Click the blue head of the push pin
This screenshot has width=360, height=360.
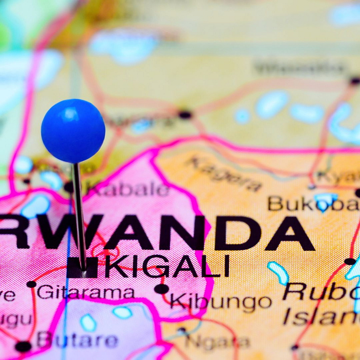tap(73, 130)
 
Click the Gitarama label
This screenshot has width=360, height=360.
tap(86, 291)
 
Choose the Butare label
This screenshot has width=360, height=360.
tap(77, 340)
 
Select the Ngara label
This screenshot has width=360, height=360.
tap(217, 341)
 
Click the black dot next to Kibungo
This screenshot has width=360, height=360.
tap(161, 289)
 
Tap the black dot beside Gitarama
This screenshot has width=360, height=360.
tap(31, 284)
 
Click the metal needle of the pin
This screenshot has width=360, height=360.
tap(80, 214)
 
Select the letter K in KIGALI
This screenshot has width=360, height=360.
tap(116, 266)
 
